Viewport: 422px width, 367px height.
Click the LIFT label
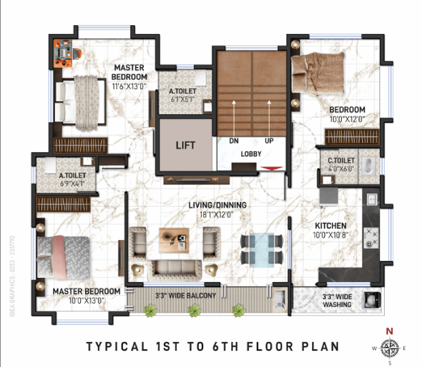click(x=186, y=145)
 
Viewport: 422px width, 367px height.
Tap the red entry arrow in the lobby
click(x=272, y=169)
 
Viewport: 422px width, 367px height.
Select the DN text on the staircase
click(x=234, y=141)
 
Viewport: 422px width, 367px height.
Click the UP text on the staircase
click(x=269, y=141)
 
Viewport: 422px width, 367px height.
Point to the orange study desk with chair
click(x=66, y=53)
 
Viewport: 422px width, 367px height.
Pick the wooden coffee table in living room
click(x=174, y=241)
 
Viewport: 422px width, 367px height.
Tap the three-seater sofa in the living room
click(x=175, y=270)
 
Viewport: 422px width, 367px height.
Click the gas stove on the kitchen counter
click(x=371, y=238)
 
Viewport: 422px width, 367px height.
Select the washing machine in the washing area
click(x=372, y=300)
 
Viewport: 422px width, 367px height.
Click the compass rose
click(x=389, y=348)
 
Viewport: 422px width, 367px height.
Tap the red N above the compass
click(x=389, y=331)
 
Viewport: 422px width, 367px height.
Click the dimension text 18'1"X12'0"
click(x=216, y=215)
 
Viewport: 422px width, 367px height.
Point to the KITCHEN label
click(x=330, y=226)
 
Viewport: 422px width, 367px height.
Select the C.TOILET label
click(x=341, y=160)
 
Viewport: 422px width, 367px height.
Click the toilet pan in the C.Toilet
click(x=368, y=163)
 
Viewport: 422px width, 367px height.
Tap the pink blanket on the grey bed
click(x=60, y=258)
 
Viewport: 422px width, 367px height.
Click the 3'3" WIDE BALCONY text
click(x=186, y=296)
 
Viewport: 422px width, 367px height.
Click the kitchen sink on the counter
click(x=372, y=200)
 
